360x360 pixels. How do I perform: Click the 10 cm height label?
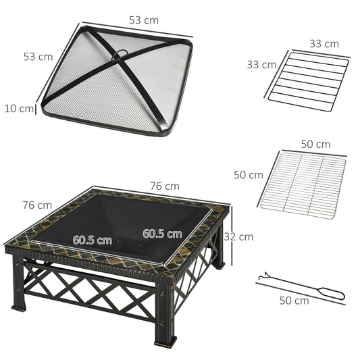[18, 108]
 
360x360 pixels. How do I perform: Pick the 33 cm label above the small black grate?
[324, 44]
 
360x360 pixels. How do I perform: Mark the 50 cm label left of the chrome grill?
[248, 174]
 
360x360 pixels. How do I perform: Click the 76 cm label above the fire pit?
[165, 186]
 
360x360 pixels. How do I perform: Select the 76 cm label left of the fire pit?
[36, 205]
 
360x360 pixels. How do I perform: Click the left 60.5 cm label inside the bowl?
[93, 240]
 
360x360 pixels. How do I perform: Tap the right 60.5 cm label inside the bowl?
[162, 234]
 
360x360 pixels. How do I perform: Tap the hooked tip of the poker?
[261, 277]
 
